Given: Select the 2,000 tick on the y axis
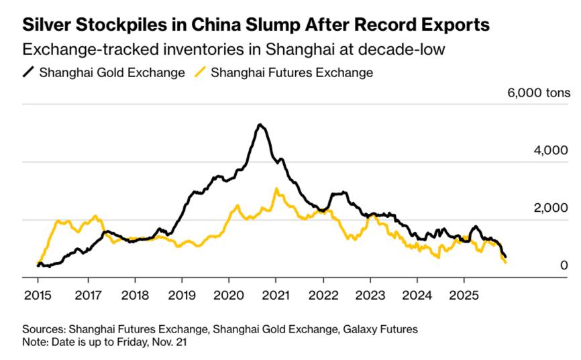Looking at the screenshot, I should coord(551,208).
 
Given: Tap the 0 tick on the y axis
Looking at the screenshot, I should coord(564,266).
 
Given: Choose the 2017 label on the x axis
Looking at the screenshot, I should coord(88,295).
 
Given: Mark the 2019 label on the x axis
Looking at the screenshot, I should coord(182,295).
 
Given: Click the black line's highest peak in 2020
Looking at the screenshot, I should coord(260,125).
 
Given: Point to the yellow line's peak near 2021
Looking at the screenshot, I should coord(276,188).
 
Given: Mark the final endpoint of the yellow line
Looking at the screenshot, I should coord(505,263).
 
